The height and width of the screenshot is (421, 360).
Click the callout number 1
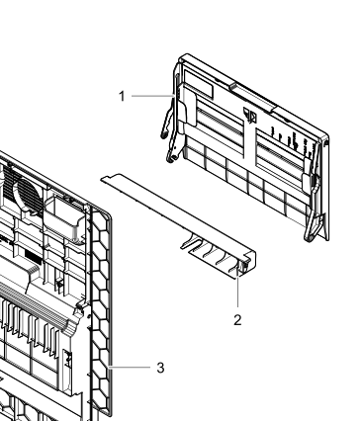tap(122, 96)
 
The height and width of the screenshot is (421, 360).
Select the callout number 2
tap(237, 320)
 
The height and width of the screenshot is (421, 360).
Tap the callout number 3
tap(160, 368)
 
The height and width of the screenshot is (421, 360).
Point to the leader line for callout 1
tap(152, 96)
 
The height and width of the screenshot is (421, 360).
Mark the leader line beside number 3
tap(130, 367)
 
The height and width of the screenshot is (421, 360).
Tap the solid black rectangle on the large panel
tap(34, 257)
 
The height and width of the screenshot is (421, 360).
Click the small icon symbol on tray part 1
tap(250, 115)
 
